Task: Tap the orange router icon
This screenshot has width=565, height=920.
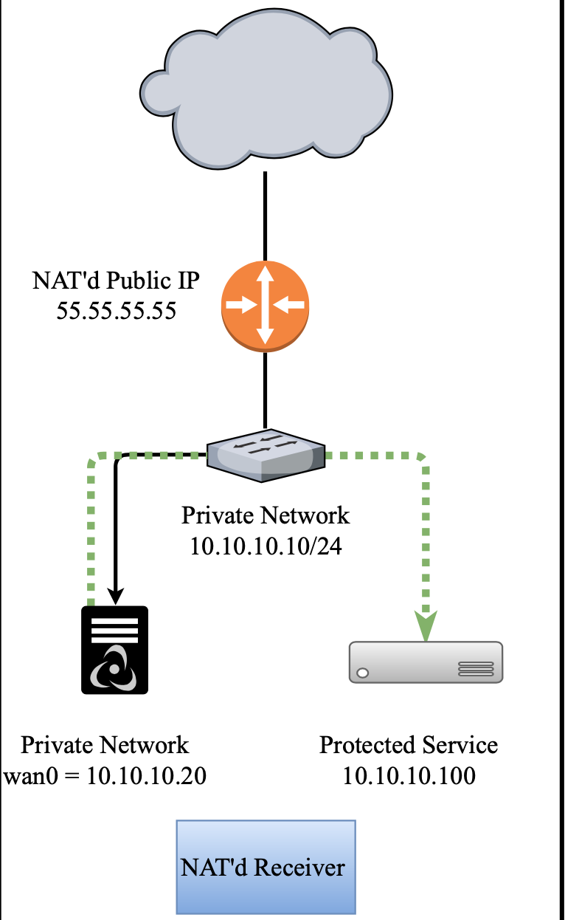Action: click(x=266, y=305)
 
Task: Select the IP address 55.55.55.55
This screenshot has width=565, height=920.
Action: click(x=117, y=311)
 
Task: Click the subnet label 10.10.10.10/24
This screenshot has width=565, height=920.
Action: click(x=266, y=546)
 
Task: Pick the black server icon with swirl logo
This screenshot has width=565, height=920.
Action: click(x=114, y=650)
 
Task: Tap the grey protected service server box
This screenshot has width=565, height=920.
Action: click(x=426, y=661)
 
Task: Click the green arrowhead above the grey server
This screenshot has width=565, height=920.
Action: click(x=426, y=626)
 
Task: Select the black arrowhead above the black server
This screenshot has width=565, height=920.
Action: click(x=115, y=595)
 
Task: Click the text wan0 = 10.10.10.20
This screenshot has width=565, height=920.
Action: click(x=105, y=777)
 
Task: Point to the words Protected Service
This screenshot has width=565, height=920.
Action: click(x=409, y=745)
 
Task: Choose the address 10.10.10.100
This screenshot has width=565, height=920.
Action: click(x=409, y=776)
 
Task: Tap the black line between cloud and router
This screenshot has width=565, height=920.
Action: click(x=266, y=214)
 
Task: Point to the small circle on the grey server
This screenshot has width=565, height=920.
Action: click(x=363, y=673)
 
